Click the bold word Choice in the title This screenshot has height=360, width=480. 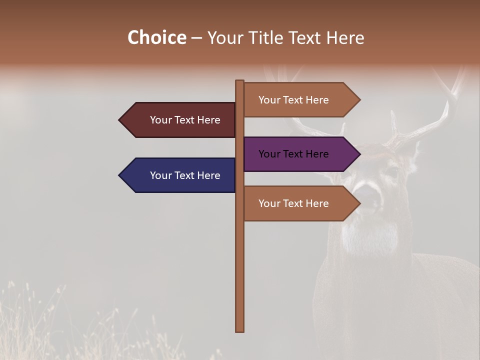coord(156,37)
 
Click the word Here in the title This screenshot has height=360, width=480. coord(345,37)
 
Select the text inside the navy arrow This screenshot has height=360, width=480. coord(185,175)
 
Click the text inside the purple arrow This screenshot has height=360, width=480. coord(293,154)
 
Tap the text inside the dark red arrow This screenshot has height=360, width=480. coord(185,120)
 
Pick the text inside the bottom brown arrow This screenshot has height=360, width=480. coord(293,203)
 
